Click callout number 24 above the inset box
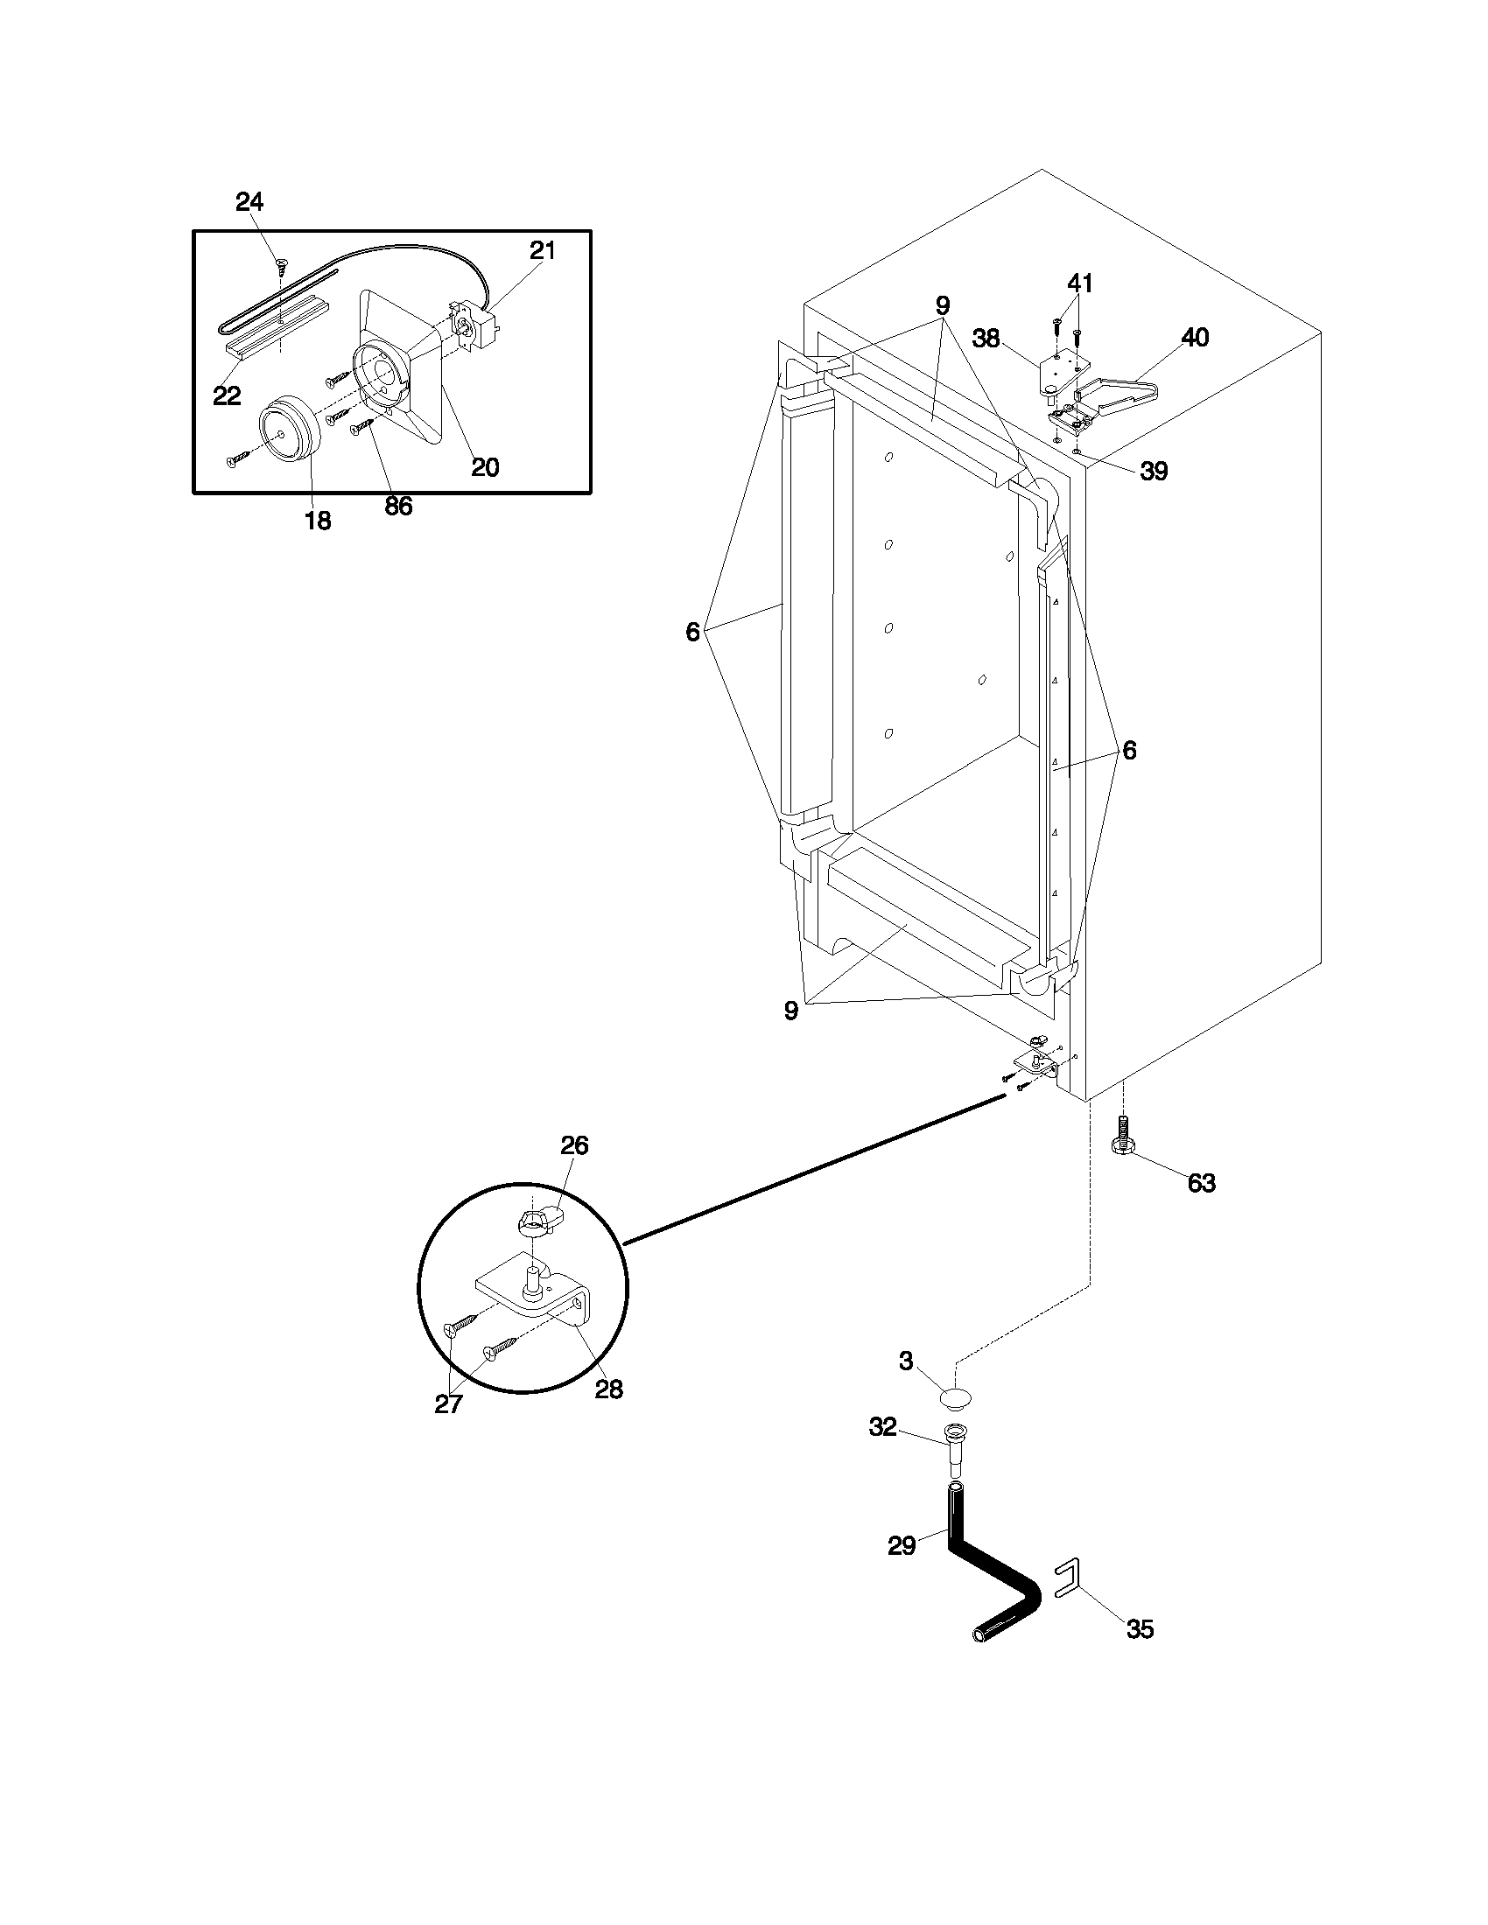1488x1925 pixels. click(249, 202)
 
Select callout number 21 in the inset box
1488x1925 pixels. click(542, 251)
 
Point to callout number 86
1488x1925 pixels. click(398, 506)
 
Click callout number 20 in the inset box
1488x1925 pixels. click(485, 467)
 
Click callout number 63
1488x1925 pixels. click(1201, 1183)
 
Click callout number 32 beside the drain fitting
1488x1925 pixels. click(882, 1427)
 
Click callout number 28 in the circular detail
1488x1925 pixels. click(608, 1390)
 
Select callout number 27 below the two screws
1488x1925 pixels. click(448, 1404)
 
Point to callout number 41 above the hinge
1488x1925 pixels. click(1080, 283)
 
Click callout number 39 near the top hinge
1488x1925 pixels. click(1154, 472)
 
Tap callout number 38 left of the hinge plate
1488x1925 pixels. click(986, 339)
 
